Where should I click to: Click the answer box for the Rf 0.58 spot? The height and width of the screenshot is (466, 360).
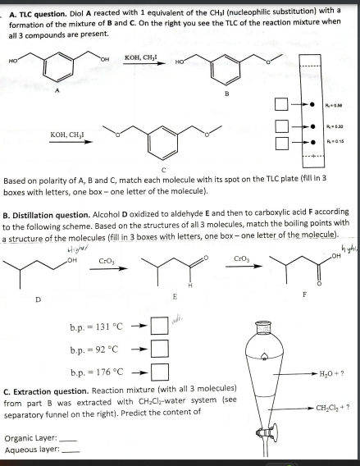(x=280, y=105)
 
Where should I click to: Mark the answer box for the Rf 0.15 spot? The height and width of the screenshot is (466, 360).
(x=280, y=143)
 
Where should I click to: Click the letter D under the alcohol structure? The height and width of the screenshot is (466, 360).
(x=38, y=299)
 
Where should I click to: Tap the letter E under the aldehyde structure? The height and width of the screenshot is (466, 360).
(x=173, y=295)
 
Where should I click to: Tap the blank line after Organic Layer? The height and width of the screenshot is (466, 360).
(x=68, y=438)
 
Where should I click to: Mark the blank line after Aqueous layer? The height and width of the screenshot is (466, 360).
(x=69, y=450)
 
